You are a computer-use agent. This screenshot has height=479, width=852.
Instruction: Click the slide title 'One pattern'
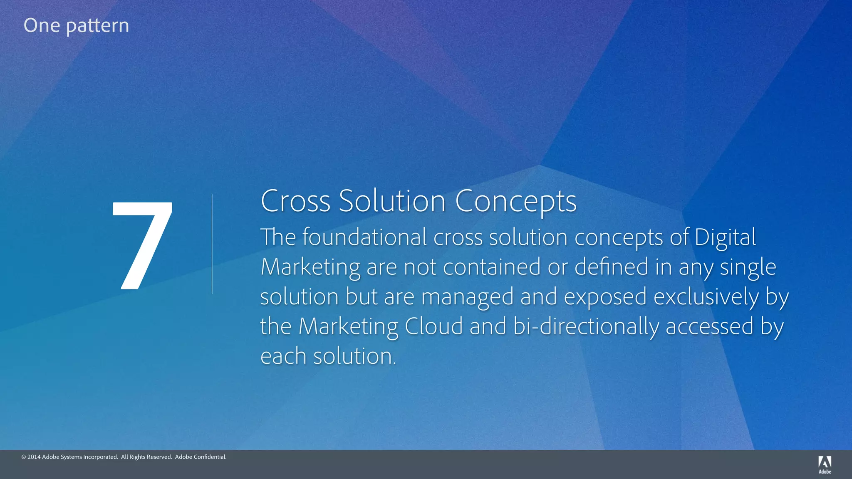click(76, 26)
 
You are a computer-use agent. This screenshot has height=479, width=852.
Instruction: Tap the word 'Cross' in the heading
click(295, 201)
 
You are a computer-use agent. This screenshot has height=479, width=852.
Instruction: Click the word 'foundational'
click(364, 237)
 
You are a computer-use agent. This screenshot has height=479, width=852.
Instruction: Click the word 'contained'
click(492, 267)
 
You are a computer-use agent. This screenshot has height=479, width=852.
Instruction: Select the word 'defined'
click(611, 267)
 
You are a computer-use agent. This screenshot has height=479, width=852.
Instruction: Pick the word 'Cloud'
click(433, 326)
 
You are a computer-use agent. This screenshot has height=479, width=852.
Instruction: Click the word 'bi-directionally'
click(586, 327)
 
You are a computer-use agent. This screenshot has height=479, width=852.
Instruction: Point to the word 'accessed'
click(709, 327)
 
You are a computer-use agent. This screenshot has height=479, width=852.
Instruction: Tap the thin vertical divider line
click(212, 244)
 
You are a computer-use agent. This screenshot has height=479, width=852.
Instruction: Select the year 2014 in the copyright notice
click(34, 457)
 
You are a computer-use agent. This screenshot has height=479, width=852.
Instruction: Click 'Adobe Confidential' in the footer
click(201, 457)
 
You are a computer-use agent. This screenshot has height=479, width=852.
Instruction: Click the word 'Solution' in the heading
click(392, 201)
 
